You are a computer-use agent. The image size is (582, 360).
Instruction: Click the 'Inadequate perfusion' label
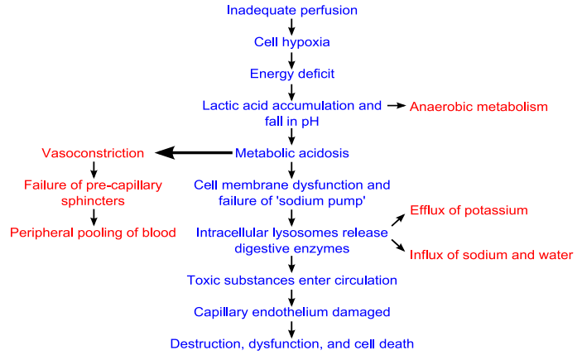coord(291,10)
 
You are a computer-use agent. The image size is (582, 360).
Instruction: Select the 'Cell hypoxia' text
coord(291,41)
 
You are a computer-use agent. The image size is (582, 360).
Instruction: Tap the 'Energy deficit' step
coord(291,74)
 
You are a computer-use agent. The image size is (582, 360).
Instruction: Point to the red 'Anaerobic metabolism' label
coord(479,107)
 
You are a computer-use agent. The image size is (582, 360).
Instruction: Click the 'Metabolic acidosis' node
coord(291,153)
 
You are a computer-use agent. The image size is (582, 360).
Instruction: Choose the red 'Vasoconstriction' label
coord(93,153)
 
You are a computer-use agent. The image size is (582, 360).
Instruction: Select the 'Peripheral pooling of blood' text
coord(93,233)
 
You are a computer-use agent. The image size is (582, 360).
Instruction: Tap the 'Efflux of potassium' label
coord(469,210)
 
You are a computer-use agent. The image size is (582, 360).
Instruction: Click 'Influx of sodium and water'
coord(491,254)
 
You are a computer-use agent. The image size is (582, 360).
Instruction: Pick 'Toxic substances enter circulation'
coord(291,280)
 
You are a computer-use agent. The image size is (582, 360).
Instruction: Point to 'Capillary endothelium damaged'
coord(291,311)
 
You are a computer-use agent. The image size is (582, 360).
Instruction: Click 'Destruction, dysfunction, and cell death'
coord(291,343)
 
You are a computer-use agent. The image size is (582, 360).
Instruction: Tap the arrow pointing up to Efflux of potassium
coord(397,219)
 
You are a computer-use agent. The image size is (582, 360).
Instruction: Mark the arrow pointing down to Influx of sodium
coord(397,246)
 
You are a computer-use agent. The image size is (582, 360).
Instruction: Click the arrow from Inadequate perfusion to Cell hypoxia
coord(291,26)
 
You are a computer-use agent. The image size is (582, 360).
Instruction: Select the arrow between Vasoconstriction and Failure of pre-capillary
coord(94,169)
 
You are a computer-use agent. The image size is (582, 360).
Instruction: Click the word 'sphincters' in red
coord(93,200)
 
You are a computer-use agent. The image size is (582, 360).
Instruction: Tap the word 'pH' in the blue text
coord(309,121)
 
